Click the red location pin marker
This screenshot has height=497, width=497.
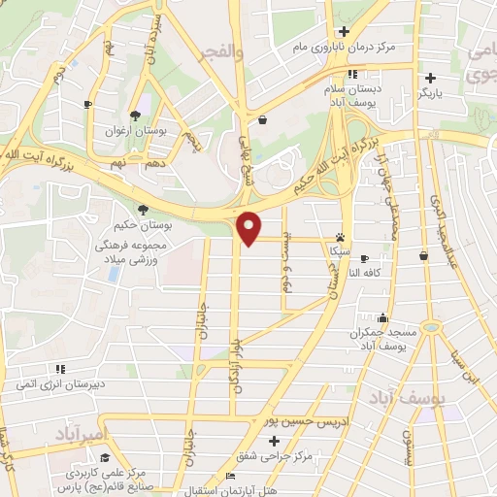point(249,227)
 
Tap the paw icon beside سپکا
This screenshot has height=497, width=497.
point(340,236)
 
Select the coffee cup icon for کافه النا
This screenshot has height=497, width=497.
point(364,259)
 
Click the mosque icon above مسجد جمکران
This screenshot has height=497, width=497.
point(384,317)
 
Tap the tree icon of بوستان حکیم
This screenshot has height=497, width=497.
point(143,209)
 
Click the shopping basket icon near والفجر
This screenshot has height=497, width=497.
point(264,119)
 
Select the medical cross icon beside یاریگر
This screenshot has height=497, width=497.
point(430,78)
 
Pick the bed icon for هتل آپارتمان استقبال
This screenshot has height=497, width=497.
point(229,475)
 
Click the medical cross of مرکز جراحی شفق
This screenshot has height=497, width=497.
point(275,442)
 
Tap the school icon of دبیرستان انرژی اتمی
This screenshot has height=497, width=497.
point(60,369)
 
